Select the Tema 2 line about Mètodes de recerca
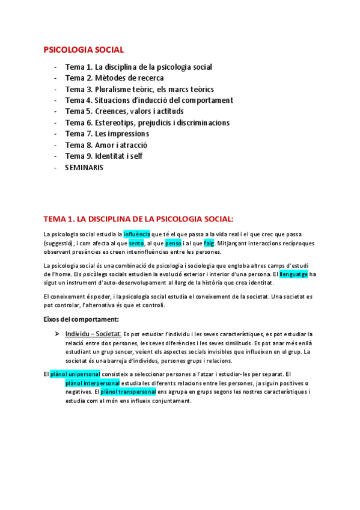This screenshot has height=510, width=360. [114, 78]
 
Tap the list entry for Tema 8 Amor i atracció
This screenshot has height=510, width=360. [106, 145]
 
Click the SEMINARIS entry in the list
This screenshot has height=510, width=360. [84, 168]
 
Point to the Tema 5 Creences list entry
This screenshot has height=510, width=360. [124, 111]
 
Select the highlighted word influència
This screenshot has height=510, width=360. [137, 233]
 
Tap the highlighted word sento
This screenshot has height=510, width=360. [136, 243]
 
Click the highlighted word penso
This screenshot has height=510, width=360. [173, 243]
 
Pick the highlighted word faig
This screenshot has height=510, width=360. [209, 243]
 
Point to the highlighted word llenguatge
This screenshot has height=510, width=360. [294, 274]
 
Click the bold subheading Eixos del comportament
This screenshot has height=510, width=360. [81, 319]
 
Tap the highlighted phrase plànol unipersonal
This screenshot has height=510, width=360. [75, 373]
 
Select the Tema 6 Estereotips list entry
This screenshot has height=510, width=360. [147, 123]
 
